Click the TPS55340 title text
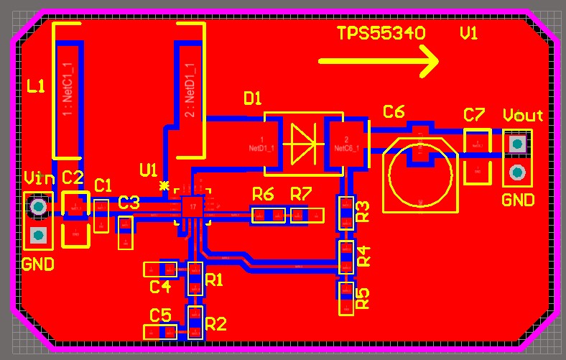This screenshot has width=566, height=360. [381, 34]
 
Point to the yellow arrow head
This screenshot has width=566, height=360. [430, 62]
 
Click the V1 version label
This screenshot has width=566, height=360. [468, 34]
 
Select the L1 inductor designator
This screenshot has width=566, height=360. [35, 87]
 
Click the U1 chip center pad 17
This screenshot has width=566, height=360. [192, 206]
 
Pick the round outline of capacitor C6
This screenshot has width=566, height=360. [419, 177]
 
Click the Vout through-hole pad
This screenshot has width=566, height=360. [516, 144]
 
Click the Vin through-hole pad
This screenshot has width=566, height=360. [39, 207]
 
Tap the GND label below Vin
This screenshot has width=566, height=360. [38, 264]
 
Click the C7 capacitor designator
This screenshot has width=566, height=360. [474, 115]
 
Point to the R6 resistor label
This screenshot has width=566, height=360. [263, 193]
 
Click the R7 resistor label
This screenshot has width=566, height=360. [301, 193]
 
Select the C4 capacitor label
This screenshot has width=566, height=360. [160, 287]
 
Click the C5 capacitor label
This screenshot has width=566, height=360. [160, 315]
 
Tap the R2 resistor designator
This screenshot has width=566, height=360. [215, 323]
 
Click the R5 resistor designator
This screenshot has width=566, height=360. [363, 297]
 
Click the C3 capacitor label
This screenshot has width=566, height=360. [129, 202]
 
